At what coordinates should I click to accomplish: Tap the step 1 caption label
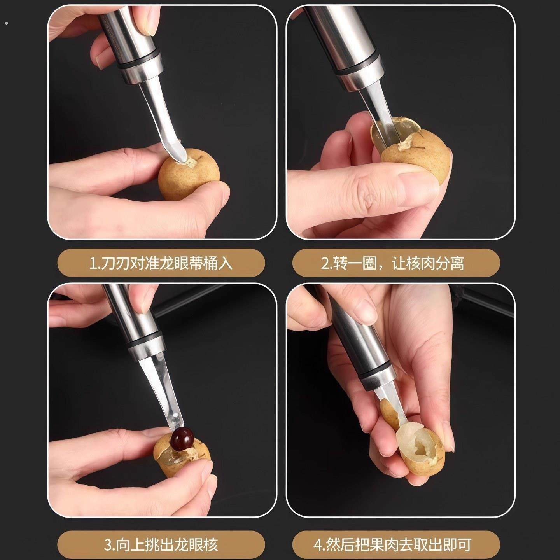coord(161,263)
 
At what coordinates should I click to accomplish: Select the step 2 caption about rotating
coord(396,263)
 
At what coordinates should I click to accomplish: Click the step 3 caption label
coord(161,544)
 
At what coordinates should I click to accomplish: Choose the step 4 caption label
coord(396,544)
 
